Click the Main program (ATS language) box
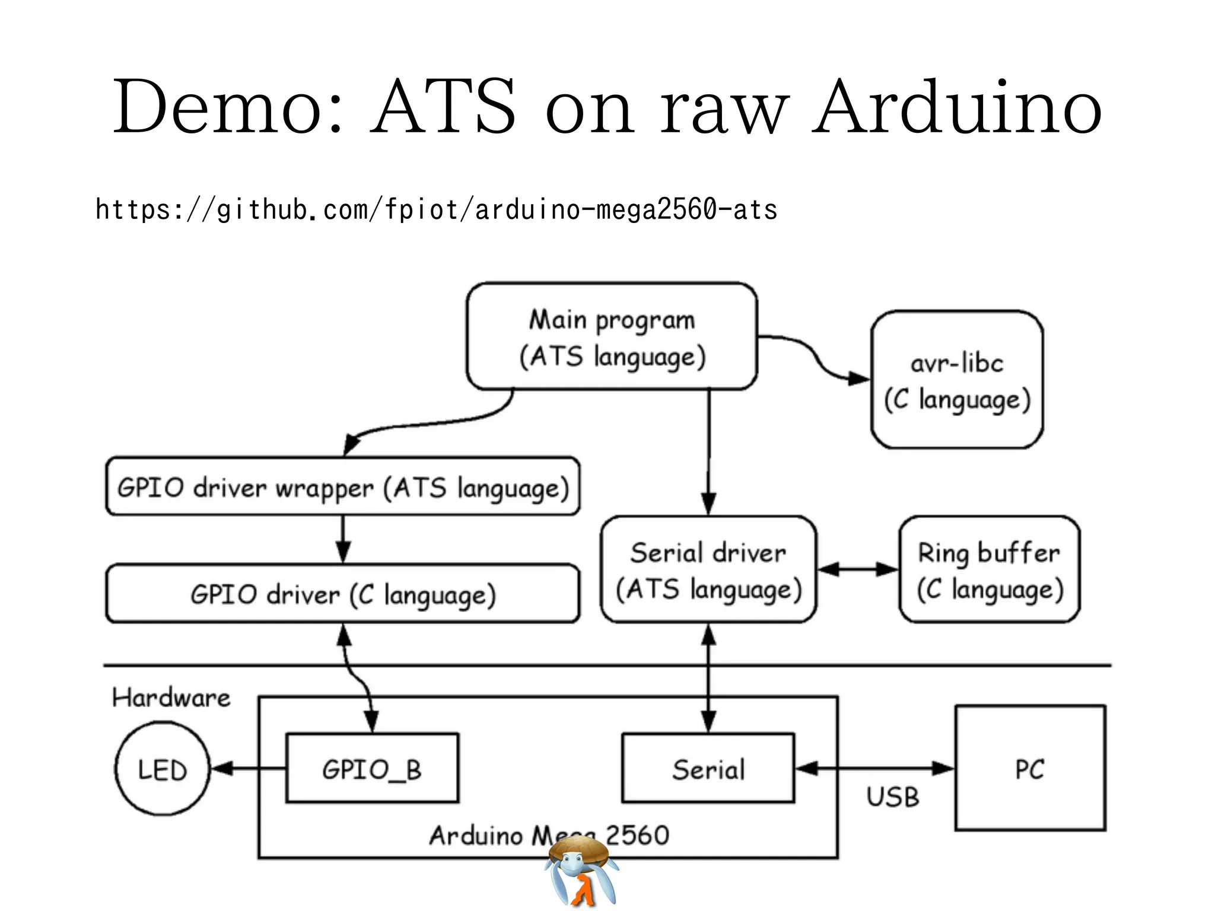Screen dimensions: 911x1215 point(612,336)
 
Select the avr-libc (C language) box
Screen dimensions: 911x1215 point(956,380)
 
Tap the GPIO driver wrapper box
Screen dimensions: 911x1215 point(342,487)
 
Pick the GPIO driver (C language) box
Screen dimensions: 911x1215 point(342,594)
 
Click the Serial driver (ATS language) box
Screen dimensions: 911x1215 point(708,570)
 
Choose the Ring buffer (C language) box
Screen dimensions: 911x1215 point(989,570)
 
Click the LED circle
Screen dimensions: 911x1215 point(162,769)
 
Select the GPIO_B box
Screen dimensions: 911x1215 point(372,769)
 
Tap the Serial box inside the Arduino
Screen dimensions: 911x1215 point(708,769)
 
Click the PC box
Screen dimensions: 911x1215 point(1030,769)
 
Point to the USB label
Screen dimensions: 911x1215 point(892,797)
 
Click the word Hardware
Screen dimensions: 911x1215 point(171,697)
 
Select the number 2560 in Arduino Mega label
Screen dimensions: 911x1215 point(638,835)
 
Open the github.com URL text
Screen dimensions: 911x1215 point(436,210)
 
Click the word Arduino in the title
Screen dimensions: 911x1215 point(956,107)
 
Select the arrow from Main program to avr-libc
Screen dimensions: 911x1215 point(819,359)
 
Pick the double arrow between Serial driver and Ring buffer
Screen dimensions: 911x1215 point(858,569)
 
